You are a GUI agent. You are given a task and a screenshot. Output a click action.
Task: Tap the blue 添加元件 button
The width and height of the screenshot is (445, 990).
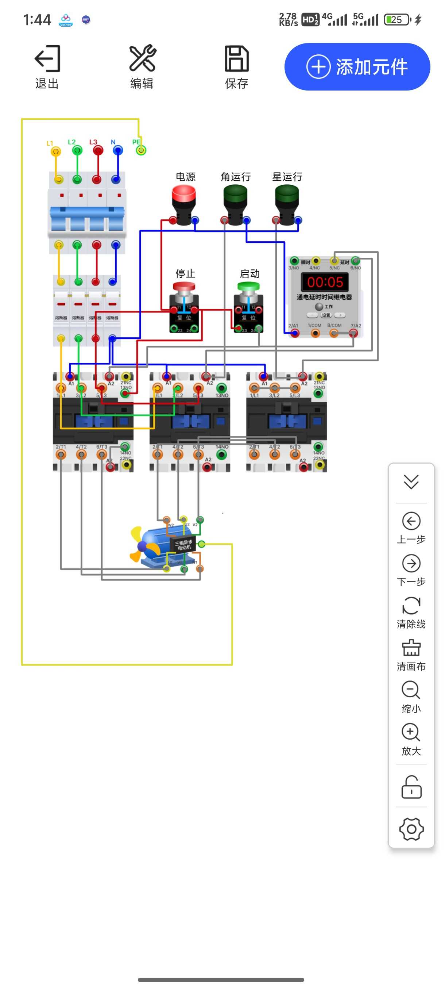tap(357, 67)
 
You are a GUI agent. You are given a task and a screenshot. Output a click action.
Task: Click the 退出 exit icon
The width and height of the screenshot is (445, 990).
tap(47, 59)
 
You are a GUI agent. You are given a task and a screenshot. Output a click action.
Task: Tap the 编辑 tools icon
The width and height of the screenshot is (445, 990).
tap(142, 58)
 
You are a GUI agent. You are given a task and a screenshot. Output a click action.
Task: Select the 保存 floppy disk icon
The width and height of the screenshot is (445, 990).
tap(236, 59)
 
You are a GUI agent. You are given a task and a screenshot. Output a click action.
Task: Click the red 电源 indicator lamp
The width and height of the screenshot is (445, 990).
tap(184, 194)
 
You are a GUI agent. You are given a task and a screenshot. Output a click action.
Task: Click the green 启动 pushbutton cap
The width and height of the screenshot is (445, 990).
tap(248, 286)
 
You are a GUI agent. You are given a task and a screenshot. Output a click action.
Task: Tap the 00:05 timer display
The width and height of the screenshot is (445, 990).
tap(325, 282)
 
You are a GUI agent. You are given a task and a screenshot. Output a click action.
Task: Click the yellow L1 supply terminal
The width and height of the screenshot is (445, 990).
tap(56, 151)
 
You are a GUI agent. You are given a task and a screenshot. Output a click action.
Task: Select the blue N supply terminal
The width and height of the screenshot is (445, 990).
tap(118, 150)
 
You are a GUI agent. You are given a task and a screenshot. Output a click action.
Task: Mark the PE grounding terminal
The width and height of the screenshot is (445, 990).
tap(141, 150)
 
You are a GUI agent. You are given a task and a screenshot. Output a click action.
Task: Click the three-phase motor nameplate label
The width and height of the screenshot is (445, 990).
tap(183, 545)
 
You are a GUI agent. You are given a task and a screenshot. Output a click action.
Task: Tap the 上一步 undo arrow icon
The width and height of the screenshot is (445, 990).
tap(411, 521)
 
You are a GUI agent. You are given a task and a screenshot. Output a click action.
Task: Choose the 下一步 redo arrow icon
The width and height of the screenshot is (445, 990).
tap(411, 563)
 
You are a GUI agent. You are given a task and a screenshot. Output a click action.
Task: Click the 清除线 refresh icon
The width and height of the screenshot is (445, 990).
tap(411, 606)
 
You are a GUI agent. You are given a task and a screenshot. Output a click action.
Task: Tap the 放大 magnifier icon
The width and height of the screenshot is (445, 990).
tap(411, 732)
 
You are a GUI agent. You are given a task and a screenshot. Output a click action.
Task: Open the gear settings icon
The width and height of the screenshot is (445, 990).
tap(411, 829)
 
